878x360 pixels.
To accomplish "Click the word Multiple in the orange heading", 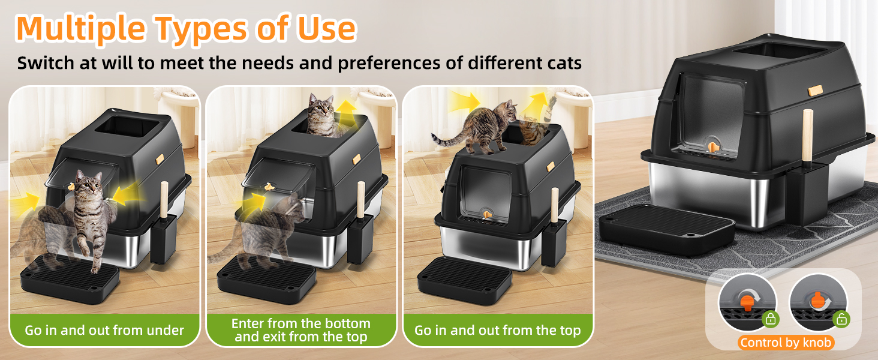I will [x=80, y=29].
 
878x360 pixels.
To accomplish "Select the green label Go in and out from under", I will [x=104, y=330].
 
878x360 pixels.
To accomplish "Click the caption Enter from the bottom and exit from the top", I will [x=301, y=330].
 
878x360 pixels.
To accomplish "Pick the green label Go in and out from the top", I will [x=497, y=330].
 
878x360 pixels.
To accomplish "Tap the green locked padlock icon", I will [x=770, y=320].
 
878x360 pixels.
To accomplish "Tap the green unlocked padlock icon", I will [x=841, y=320].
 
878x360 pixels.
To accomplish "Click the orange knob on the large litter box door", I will [x=711, y=146].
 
